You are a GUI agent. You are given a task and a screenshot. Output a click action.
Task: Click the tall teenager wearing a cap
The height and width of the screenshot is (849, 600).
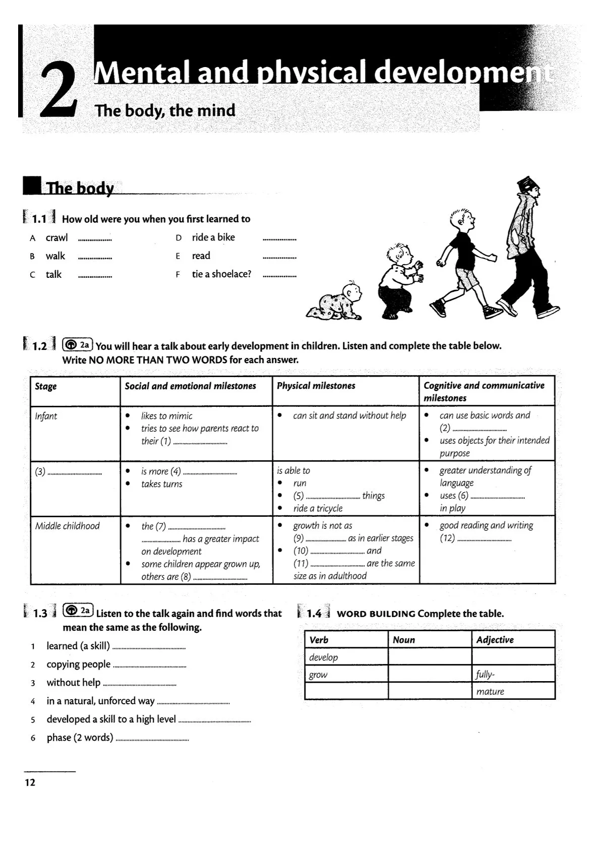point(527,247)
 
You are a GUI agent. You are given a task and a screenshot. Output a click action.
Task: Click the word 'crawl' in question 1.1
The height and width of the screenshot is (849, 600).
point(56,237)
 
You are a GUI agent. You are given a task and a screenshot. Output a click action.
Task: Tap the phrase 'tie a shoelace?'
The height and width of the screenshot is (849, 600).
point(221,274)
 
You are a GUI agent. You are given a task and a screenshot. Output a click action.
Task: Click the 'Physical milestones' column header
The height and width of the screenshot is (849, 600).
point(316,386)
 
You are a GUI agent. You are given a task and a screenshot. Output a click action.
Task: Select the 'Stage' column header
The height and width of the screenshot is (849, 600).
point(46,386)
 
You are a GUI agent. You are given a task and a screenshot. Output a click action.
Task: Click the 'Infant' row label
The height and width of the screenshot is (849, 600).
point(46,416)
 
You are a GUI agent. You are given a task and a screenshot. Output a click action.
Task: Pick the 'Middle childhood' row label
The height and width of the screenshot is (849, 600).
point(68,526)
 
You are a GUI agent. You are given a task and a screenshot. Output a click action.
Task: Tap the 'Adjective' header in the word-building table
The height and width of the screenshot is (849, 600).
point(495,640)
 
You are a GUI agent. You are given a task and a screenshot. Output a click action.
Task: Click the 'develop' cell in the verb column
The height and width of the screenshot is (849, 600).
point(324,657)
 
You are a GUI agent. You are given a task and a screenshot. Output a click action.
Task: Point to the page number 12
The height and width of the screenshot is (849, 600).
point(30,782)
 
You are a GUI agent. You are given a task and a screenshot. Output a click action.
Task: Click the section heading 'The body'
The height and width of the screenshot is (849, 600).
point(80,188)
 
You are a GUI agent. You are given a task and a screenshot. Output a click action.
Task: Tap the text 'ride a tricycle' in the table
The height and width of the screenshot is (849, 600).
point(318,508)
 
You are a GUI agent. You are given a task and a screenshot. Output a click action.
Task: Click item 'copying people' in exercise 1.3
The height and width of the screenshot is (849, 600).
point(78,664)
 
